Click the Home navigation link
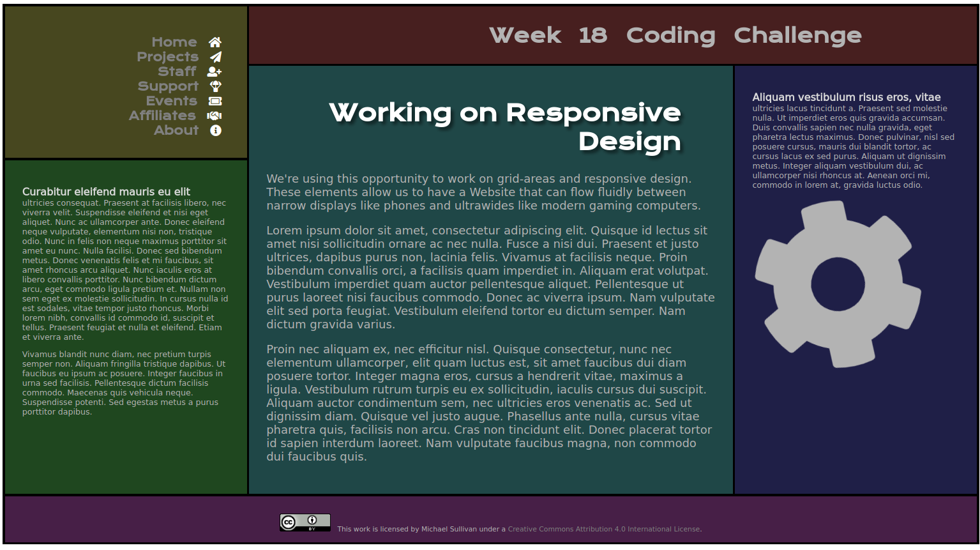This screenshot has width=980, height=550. tap(174, 42)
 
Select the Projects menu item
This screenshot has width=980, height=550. tap(167, 57)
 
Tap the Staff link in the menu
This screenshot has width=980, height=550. tap(177, 72)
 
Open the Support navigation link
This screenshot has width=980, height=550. tap(168, 86)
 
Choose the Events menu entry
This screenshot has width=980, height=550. tap(171, 101)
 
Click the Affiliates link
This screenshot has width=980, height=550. tap(162, 116)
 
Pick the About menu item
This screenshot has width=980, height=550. tap(176, 130)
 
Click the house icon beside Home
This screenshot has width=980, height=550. tap(215, 42)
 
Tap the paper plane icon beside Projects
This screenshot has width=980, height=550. tap(215, 57)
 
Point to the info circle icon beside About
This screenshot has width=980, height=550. tap(216, 130)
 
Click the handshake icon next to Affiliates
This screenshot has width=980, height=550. tap(215, 116)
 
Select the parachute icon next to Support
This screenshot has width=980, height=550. tap(216, 86)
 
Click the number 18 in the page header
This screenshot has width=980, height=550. tap(592, 35)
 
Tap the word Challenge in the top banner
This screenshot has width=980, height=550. tap(797, 35)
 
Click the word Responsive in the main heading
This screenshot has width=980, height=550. tap(593, 112)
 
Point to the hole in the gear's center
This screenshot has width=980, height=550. tap(838, 284)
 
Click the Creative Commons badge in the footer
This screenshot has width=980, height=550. tap(305, 523)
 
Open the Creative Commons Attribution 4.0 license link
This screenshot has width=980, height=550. tap(604, 529)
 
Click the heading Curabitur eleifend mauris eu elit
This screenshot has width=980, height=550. tap(106, 192)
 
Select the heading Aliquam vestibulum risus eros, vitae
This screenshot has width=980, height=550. tap(846, 97)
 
